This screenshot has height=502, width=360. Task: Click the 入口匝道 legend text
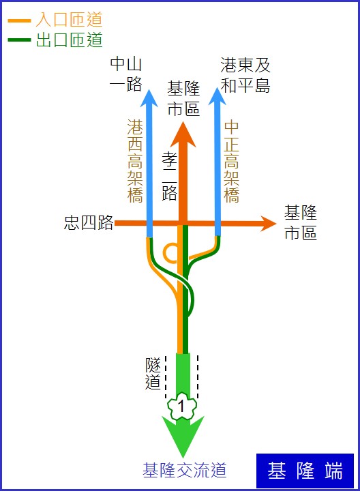pos(69,20)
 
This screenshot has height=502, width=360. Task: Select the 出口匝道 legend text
pos(69,40)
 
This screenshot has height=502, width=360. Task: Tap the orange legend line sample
pos(20,21)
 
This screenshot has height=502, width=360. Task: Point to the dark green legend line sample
pos(20,40)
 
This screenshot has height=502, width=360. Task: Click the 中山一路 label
pos(125,74)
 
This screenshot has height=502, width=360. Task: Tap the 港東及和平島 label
pos(245,75)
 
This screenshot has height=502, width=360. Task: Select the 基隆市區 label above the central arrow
pos(183,98)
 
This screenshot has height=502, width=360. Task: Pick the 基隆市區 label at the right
pos(301,223)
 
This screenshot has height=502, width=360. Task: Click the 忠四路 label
pos(89,222)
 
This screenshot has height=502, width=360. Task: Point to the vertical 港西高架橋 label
pos(135,161)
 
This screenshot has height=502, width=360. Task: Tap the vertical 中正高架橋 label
pos(231,162)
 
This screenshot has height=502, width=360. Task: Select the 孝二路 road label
pos(169,175)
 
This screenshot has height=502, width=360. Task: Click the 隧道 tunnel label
pos(153,373)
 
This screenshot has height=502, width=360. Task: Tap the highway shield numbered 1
pos(182,406)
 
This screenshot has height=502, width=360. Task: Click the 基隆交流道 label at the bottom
pos(184,470)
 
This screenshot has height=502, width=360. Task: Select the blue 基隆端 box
pos(305,471)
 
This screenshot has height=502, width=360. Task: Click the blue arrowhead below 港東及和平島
pos(217,96)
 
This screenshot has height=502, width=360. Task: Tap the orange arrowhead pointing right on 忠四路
pos(268,224)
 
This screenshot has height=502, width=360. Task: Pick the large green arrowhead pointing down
pos(183,434)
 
